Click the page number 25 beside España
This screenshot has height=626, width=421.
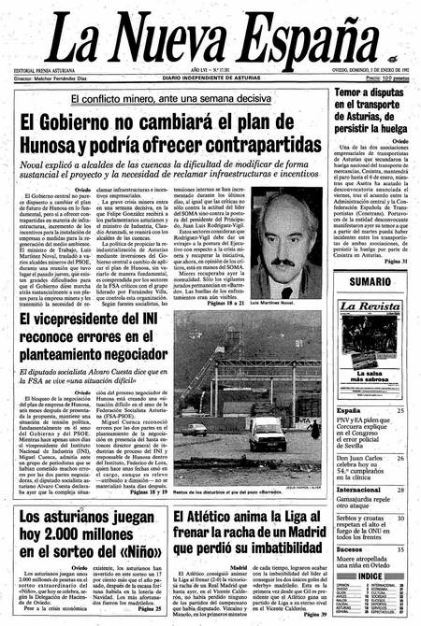(x=400, y=410)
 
